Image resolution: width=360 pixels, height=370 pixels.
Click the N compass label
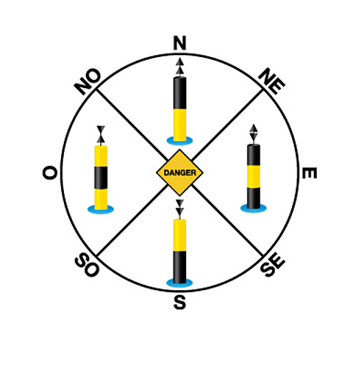179,43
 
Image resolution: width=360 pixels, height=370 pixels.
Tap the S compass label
179,303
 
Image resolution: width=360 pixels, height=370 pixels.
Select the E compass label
309,173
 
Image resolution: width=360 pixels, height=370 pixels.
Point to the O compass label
49,173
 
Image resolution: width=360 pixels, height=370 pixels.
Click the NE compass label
272,81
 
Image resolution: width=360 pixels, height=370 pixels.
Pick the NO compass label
87,81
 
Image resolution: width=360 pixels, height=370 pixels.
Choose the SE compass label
273,265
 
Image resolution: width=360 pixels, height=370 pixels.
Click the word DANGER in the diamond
179,173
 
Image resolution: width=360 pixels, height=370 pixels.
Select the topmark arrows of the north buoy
179,67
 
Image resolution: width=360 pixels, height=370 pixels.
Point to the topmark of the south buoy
179,208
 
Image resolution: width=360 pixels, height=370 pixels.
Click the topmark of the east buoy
254,133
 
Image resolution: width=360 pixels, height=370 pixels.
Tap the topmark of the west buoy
101,135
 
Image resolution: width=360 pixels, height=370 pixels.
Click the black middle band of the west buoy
101,178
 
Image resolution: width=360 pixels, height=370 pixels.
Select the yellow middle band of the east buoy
254,177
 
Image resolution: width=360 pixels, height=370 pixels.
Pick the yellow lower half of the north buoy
179,125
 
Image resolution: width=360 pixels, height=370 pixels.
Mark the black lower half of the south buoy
179,267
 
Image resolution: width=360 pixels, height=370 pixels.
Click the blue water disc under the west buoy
101,209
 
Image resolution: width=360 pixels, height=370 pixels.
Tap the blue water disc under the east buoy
254,208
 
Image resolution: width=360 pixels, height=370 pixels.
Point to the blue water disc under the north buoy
179,141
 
